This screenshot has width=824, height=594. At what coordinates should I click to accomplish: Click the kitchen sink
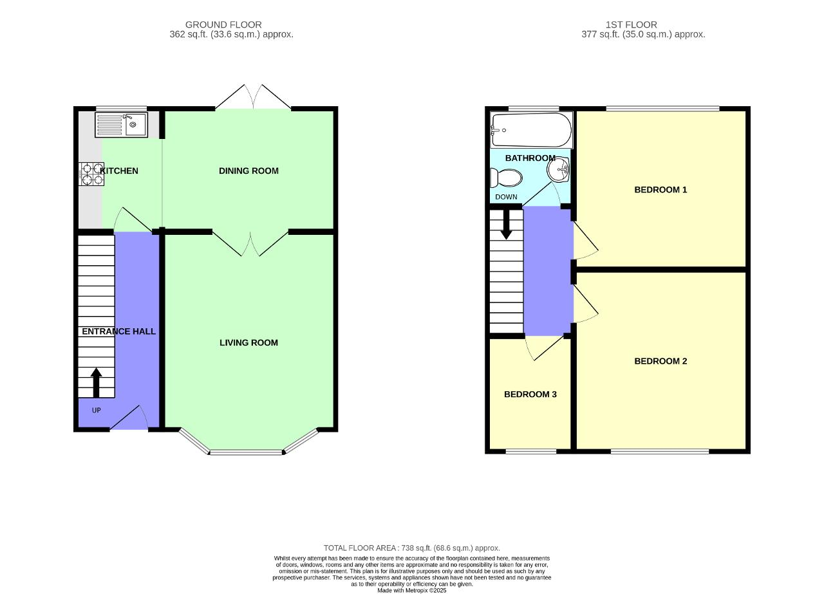pyautogui.click(x=122, y=125)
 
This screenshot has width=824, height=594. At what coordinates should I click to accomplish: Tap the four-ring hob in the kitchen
pyautogui.click(x=91, y=174)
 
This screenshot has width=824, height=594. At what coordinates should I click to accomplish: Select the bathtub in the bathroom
pyautogui.click(x=531, y=130)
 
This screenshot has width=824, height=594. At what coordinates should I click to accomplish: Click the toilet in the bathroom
pyautogui.click(x=506, y=178)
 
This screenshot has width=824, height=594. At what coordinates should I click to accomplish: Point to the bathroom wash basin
pyautogui.click(x=558, y=169)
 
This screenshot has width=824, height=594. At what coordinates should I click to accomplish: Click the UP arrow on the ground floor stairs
pyautogui.click(x=97, y=382)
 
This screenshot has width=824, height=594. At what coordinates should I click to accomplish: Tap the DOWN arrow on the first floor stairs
pyautogui.click(x=506, y=225)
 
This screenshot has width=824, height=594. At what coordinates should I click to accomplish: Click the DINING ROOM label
pyautogui.click(x=248, y=171)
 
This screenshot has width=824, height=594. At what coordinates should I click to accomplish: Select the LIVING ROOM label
pyautogui.click(x=248, y=342)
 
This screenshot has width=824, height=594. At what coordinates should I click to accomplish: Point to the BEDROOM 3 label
pyautogui.click(x=530, y=394)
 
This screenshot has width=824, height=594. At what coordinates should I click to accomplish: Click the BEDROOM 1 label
pyautogui.click(x=660, y=190)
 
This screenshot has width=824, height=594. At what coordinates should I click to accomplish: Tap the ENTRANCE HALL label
pyautogui.click(x=119, y=331)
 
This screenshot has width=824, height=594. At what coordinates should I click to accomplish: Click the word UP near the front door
pyautogui.click(x=97, y=410)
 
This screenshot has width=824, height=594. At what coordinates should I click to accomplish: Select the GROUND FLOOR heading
pyautogui.click(x=223, y=24)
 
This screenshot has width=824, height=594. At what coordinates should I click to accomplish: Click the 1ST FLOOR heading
pyautogui.click(x=632, y=24)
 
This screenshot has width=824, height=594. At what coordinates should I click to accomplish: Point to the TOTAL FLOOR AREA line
pyautogui.click(x=411, y=548)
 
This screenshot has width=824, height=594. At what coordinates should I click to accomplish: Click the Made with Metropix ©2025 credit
pyautogui.click(x=411, y=590)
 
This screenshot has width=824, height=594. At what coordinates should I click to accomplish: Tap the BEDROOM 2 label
pyautogui.click(x=660, y=361)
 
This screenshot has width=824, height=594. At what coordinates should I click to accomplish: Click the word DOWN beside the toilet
pyautogui.click(x=506, y=197)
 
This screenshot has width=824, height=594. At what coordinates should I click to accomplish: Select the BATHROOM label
pyautogui.click(x=530, y=158)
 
